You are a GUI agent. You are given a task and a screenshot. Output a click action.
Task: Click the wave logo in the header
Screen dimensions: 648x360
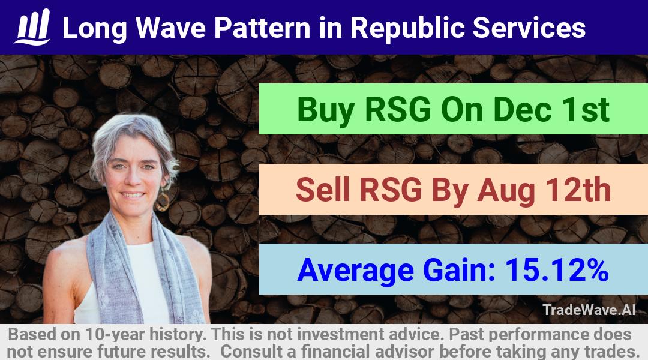(x=32, y=27)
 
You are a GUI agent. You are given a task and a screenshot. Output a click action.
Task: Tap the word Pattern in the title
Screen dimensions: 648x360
(x=262, y=28)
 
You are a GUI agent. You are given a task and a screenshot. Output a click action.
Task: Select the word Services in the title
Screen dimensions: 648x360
(x=529, y=28)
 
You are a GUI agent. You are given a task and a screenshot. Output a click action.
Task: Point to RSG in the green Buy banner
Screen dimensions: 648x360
(x=398, y=110)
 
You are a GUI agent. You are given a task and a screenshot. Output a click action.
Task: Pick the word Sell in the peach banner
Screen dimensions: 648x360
(x=323, y=190)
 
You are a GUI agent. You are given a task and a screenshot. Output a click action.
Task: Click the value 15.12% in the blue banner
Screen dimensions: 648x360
(x=557, y=270)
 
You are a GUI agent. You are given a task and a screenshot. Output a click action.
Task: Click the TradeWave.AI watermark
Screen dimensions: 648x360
(x=589, y=310)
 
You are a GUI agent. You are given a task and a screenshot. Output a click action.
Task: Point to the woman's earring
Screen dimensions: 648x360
(x=162, y=200)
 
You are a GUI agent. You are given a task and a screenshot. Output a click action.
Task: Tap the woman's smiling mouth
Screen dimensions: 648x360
(x=132, y=194)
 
